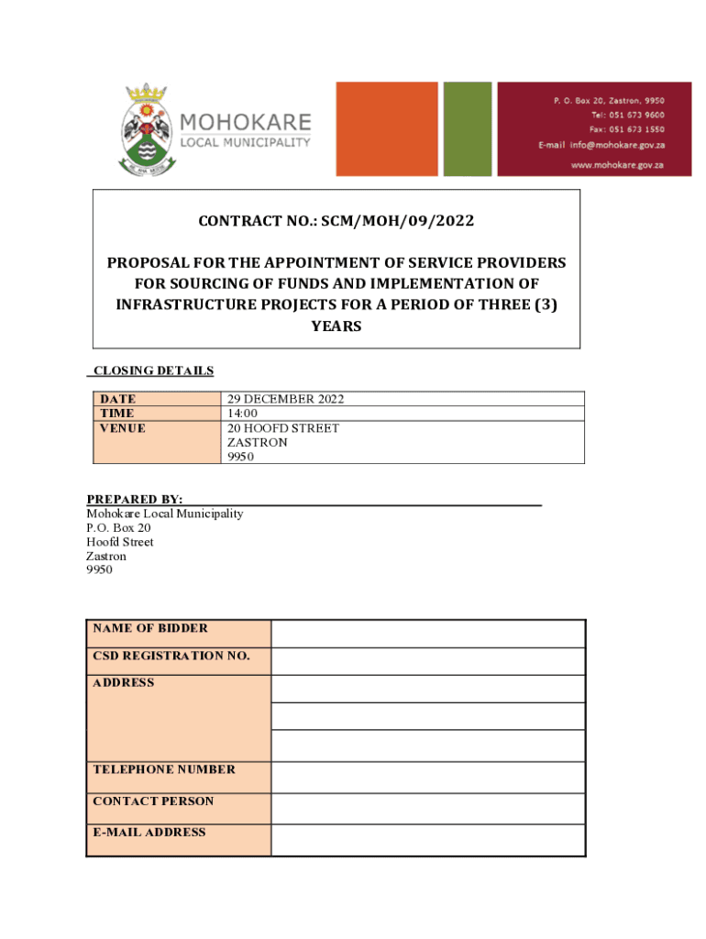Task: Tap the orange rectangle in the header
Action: pyautogui.click(x=386, y=128)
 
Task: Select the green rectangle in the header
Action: pyautogui.click(x=467, y=128)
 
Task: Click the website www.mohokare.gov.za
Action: pyautogui.click(x=617, y=165)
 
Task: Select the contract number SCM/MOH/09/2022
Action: pyautogui.click(x=336, y=221)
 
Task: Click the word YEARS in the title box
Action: pyautogui.click(x=336, y=326)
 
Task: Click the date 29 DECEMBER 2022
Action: pyautogui.click(x=285, y=399)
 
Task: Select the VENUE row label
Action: pyautogui.click(x=122, y=428)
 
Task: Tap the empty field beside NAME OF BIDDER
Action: pyautogui.click(x=427, y=634)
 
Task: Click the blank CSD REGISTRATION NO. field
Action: pyautogui.click(x=427, y=661)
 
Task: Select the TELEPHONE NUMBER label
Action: pyautogui.click(x=163, y=769)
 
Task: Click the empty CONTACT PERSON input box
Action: pyautogui.click(x=427, y=808)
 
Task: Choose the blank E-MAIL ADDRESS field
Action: pyautogui.click(x=427, y=839)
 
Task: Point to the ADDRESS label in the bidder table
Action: pyautogui.click(x=123, y=683)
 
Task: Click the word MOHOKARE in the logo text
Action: pyautogui.click(x=245, y=122)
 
